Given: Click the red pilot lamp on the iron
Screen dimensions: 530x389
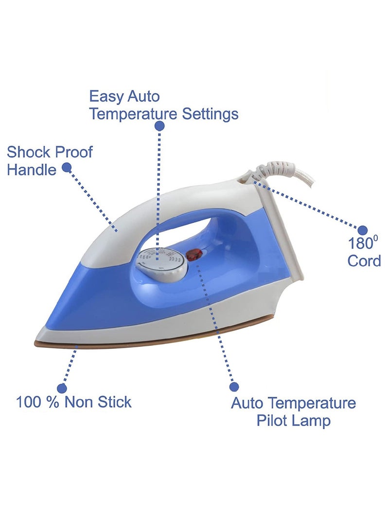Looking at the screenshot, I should [x=194, y=254].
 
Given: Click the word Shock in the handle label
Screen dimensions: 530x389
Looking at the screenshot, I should [x=28, y=152].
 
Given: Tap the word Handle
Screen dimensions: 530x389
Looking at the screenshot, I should [x=31, y=170].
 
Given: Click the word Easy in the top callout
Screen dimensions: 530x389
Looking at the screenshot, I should [x=106, y=96].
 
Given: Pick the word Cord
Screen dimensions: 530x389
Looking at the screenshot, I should [x=364, y=261].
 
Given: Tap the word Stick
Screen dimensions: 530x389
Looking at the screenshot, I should [x=115, y=402].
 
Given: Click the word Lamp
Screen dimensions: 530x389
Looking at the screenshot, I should [x=312, y=421].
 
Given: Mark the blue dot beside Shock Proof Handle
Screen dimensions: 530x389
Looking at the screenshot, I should [x=67, y=168].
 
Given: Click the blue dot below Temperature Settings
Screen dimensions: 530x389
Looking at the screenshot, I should [x=159, y=126].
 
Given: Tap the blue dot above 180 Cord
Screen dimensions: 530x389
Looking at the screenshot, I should [x=363, y=229].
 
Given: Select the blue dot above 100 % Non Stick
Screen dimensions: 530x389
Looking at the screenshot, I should [x=62, y=388].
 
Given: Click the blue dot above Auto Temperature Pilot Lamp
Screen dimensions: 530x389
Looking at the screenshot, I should [x=234, y=387].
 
